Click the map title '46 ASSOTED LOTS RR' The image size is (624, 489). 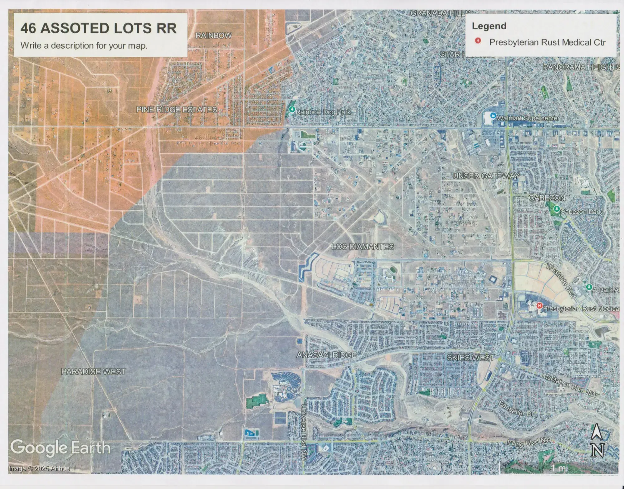[x=98, y=28]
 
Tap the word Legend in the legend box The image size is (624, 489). [x=489, y=26]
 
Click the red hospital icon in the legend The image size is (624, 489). [x=478, y=41]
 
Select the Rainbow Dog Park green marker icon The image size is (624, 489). [x=292, y=109]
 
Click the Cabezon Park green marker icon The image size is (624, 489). [x=556, y=209]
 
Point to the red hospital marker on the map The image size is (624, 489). [x=539, y=306]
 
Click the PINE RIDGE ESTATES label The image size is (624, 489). [x=177, y=109]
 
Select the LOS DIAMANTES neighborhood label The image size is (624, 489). [x=363, y=247]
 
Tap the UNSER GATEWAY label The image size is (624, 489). [x=486, y=176]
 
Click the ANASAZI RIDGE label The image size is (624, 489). [x=327, y=355]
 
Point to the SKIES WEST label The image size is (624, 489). [x=470, y=357]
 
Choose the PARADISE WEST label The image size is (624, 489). [x=93, y=372]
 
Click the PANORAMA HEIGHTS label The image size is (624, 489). [x=581, y=67]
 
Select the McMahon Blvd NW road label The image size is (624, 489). [x=570, y=385]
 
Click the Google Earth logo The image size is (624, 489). [x=60, y=448]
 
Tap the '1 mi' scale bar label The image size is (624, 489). [x=559, y=468]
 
